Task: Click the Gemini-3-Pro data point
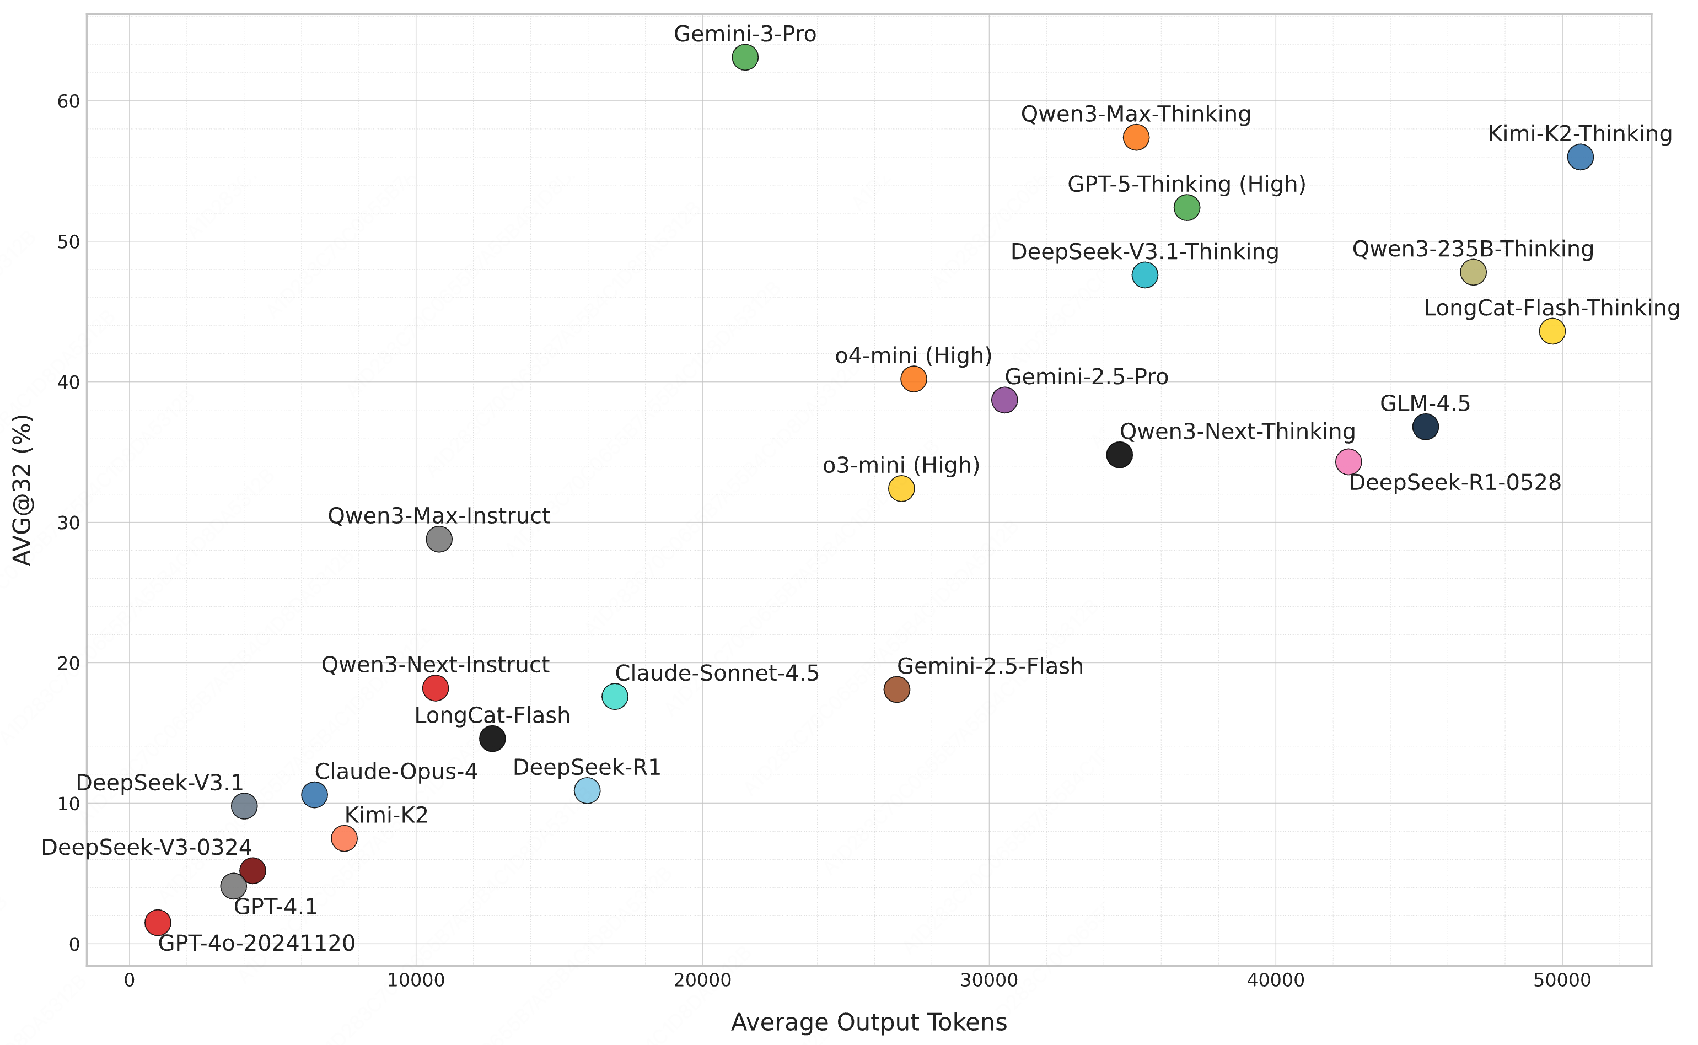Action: coord(745,57)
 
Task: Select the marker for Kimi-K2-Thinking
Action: coord(1581,158)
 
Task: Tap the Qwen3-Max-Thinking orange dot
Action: coord(1136,138)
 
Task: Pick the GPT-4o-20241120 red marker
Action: coord(158,922)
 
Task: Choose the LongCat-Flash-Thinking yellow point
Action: coord(1552,332)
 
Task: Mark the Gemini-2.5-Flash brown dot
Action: coord(897,689)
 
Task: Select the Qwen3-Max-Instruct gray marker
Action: coord(439,539)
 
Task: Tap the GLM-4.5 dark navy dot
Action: coord(1426,427)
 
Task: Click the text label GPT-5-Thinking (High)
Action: coord(1186,185)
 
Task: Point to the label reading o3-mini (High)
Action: coord(901,466)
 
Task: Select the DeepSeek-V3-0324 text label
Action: coord(147,847)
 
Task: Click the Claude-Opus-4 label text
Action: coord(396,771)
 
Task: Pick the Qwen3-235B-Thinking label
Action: coord(1473,249)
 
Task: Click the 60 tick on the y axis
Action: coord(68,101)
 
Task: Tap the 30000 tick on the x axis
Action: coord(989,981)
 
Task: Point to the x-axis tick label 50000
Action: coord(1562,981)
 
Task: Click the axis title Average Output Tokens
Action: coord(869,1022)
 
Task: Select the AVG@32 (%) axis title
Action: coord(22,490)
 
